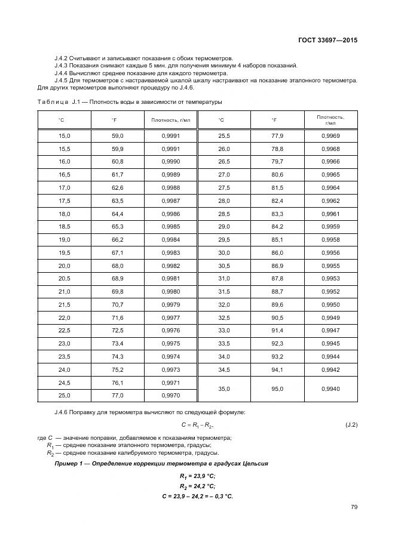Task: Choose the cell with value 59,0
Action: [117, 136]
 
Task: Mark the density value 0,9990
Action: [170, 162]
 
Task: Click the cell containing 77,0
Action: [117, 395]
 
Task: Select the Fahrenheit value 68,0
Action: [117, 266]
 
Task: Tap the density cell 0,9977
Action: [170, 317]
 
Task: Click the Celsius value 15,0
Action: [64, 136]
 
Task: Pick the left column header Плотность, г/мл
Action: [170, 120]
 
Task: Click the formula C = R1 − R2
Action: [197, 424]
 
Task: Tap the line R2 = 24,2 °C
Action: [197, 486]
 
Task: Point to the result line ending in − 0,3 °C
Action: [197, 497]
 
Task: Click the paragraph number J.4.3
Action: [63, 66]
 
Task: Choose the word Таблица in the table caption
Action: [53, 101]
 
